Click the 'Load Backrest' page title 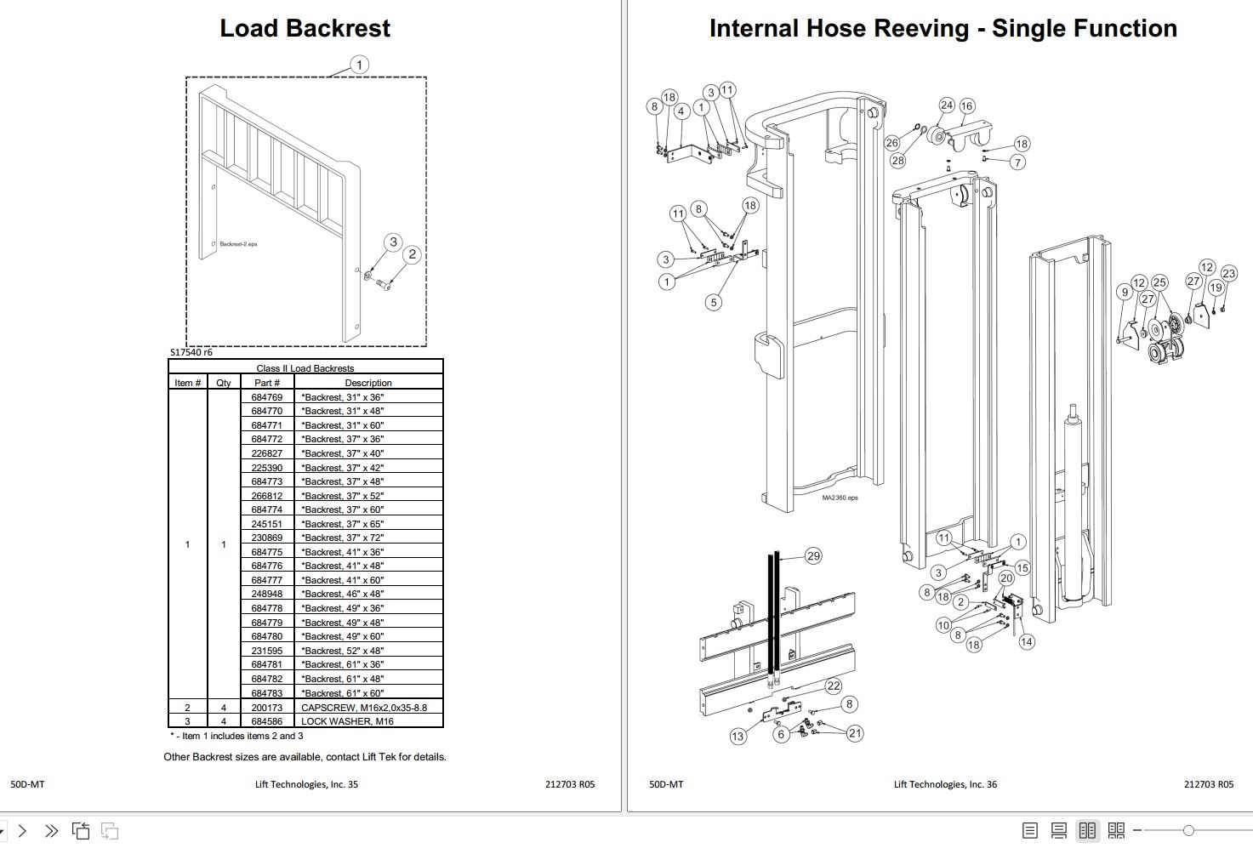(305, 28)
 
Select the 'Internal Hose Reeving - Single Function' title (943, 28)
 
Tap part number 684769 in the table (266, 397)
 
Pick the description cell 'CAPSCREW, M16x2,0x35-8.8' (364, 708)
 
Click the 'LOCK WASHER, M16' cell (347, 721)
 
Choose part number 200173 (266, 708)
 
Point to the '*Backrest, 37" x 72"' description (342, 538)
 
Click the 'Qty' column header (224, 383)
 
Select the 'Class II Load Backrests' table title (305, 368)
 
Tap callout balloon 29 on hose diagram (813, 555)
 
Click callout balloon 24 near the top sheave (947, 105)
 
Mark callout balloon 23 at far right (1228, 273)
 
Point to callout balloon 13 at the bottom (738, 737)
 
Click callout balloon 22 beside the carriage (833, 686)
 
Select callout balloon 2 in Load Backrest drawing (413, 254)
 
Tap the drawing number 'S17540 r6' (191, 352)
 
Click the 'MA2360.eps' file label (840, 498)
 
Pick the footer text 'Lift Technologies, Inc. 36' (945, 784)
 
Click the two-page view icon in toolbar (1087, 830)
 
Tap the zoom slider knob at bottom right (1188, 830)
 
